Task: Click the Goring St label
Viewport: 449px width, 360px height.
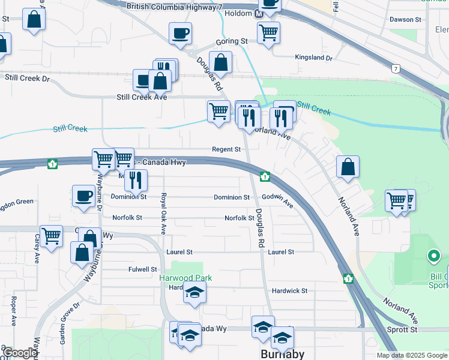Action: pyautogui.click(x=232, y=41)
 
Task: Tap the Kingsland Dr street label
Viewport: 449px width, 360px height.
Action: pyautogui.click(x=313, y=58)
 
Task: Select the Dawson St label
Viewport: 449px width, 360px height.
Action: pyautogui.click(x=405, y=20)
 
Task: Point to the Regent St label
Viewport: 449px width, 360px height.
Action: pyautogui.click(x=226, y=149)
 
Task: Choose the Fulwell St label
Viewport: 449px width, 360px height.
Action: pyautogui.click(x=142, y=270)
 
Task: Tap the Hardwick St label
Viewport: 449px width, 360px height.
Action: pyautogui.click(x=289, y=291)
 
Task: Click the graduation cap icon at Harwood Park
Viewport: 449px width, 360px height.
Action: pyautogui.click(x=194, y=293)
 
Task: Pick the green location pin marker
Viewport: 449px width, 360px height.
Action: pyautogui.click(x=433, y=257)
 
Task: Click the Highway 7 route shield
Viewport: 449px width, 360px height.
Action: pyautogui.click(x=396, y=69)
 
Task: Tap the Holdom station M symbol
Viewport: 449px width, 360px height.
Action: pyautogui.click(x=259, y=14)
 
